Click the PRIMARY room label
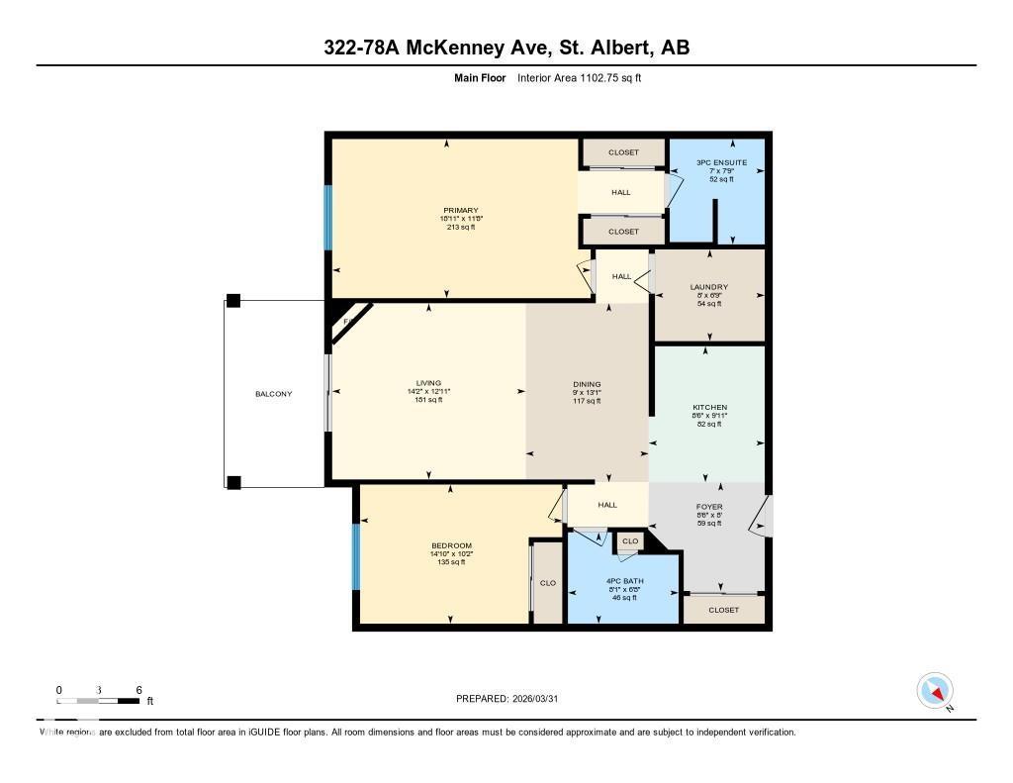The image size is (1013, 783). (x=461, y=210)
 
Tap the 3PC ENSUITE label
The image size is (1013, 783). (x=721, y=162)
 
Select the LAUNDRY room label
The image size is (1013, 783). (x=708, y=288)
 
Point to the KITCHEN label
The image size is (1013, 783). (x=709, y=407)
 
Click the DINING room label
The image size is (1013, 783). (x=587, y=385)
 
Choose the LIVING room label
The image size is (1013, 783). (x=428, y=383)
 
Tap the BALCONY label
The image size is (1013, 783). (x=273, y=394)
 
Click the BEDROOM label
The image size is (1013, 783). (x=451, y=545)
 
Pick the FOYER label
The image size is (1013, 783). (x=709, y=507)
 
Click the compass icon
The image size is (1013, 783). (x=935, y=690)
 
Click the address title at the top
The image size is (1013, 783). (x=506, y=48)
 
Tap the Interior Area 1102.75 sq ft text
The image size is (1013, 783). (x=579, y=77)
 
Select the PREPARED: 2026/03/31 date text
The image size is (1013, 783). (x=506, y=698)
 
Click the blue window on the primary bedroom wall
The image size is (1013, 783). (x=327, y=218)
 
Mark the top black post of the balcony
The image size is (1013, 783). (x=233, y=301)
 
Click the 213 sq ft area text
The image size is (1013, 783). (x=461, y=227)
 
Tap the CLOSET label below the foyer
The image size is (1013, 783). (x=724, y=610)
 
